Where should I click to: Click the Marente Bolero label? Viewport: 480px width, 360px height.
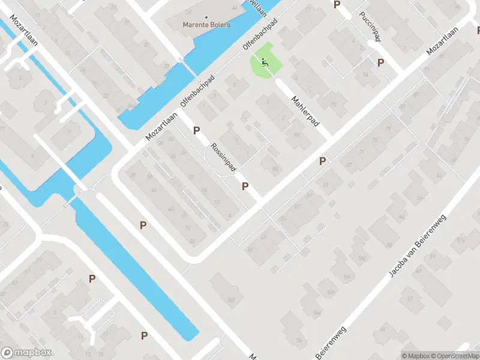(x=206, y=25)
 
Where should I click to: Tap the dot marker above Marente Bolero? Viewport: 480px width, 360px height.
(x=206, y=17)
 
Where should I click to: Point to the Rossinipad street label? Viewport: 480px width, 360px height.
(x=223, y=157)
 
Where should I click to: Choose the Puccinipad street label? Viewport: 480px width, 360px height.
(x=370, y=27)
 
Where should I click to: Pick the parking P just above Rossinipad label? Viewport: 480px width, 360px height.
(x=196, y=130)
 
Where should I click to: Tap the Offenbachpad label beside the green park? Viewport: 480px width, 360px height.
(x=259, y=36)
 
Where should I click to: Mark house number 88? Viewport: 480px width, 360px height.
(x=275, y=170)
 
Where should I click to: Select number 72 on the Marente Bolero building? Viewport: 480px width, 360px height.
(x=189, y=12)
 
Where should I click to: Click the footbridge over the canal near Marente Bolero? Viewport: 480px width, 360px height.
(x=180, y=59)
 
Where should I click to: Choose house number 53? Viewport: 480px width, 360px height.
(x=282, y=219)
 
